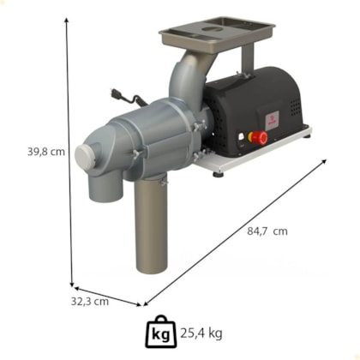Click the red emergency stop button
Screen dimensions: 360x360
point(260,138)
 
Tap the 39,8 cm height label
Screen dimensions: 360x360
point(46,152)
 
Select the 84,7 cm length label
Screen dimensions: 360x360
point(267,231)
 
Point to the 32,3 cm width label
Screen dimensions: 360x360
point(90,301)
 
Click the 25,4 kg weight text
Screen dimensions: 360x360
point(201,333)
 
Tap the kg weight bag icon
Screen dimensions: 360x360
point(161,332)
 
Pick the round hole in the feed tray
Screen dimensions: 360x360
point(212,29)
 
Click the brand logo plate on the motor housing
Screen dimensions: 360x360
point(272,121)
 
